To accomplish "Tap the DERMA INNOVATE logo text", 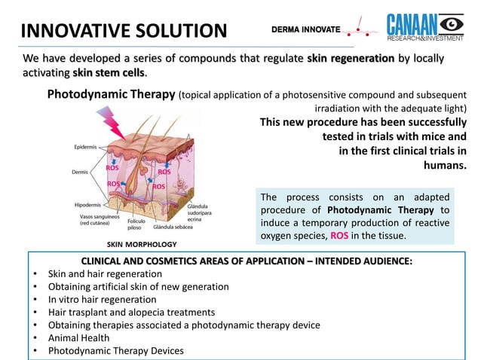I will [x=305, y=30].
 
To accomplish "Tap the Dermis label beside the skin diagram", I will [x=81, y=172].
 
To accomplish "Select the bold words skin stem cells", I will [x=109, y=73].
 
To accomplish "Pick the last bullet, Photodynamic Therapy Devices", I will [x=115, y=350].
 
